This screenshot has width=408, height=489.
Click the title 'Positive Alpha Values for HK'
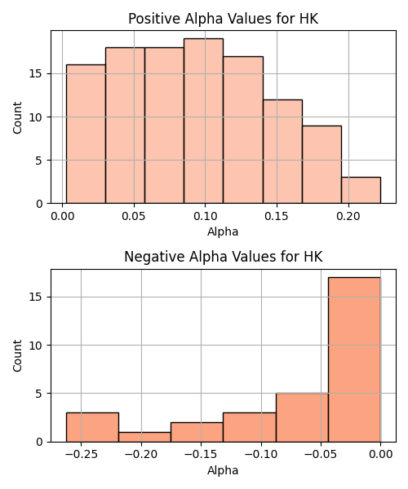click(224, 19)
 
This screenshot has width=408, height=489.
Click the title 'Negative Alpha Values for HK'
click(224, 257)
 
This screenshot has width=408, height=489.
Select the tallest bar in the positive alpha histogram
click(203, 121)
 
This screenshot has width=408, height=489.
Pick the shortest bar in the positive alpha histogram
click(361, 190)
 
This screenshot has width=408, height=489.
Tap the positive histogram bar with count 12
click(282, 152)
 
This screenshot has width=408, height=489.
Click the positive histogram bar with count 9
click(322, 165)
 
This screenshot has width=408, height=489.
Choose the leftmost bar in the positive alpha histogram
click(86, 134)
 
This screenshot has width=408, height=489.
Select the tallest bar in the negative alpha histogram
click(354, 359)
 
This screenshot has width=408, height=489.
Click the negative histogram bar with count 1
click(144, 437)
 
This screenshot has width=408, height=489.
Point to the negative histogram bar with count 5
click(302, 417)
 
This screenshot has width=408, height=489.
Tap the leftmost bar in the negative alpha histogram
click(92, 427)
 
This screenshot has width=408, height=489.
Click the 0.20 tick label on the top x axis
click(348, 216)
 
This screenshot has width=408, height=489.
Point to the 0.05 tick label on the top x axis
click(134, 216)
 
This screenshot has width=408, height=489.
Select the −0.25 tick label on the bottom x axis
click(81, 455)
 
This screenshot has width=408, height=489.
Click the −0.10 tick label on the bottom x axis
click(261, 455)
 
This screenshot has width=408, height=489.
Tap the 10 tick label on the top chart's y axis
click(36, 117)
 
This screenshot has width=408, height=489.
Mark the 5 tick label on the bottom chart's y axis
click(39, 394)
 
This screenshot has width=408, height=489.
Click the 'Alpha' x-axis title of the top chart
click(223, 231)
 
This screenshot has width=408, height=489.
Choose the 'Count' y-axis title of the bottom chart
click(17, 355)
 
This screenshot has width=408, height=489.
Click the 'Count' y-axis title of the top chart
click(17, 117)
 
